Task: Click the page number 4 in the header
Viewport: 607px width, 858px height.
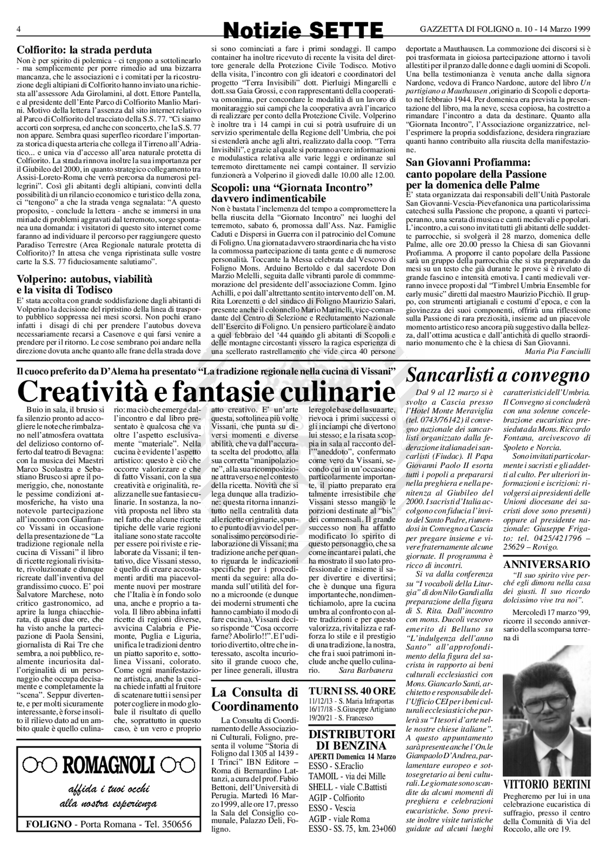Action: point(18,29)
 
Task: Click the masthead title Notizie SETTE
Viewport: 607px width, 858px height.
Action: point(303,30)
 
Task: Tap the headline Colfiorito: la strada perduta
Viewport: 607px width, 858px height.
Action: point(84,50)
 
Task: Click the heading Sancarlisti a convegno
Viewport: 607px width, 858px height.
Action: point(498,375)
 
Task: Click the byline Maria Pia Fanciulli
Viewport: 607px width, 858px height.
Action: point(557,351)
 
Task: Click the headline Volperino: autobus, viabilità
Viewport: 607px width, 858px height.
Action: point(84,279)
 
